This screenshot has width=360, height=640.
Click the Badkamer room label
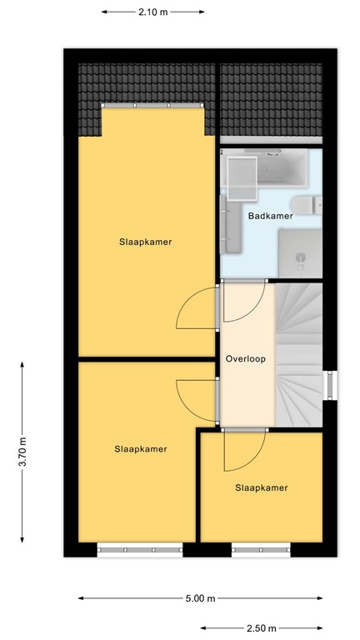click(x=270, y=217)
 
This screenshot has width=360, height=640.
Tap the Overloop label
click(x=245, y=359)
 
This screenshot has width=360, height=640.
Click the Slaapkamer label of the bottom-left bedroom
click(x=140, y=449)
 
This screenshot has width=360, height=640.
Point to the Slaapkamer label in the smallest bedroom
click(x=261, y=488)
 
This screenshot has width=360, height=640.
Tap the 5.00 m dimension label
click(x=200, y=598)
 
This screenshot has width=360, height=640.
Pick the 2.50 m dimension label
click(x=261, y=627)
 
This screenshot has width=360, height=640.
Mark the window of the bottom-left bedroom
click(x=139, y=549)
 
